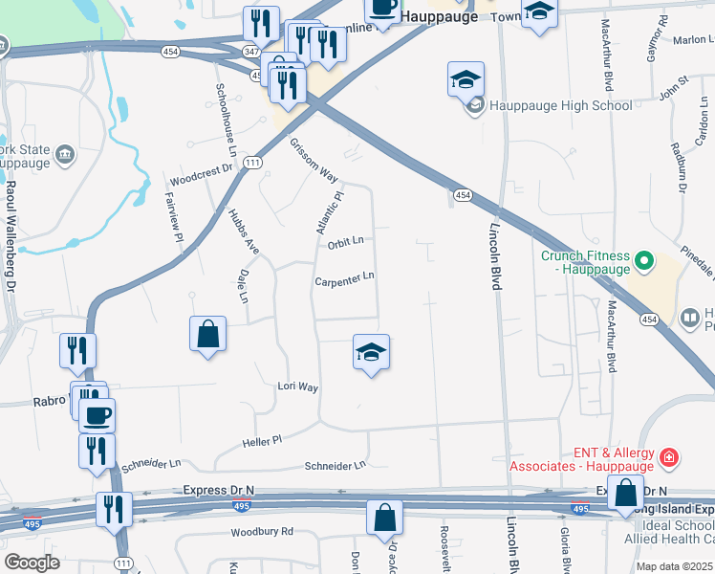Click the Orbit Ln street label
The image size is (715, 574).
346,242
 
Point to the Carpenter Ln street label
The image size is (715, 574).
344,279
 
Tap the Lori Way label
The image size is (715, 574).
297,386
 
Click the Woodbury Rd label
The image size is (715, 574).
261,533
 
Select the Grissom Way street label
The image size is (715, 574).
314,160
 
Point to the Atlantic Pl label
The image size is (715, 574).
330,211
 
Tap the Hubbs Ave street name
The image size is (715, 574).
244,232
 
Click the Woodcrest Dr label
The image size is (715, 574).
202,175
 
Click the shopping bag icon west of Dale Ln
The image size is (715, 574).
207,334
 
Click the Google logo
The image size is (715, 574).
32,563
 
